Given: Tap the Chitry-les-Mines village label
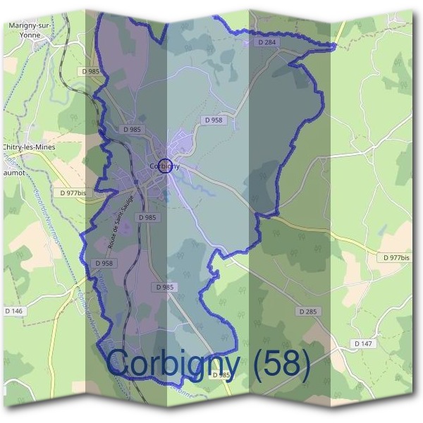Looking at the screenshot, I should (29, 146).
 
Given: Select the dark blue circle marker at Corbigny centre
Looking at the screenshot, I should (166, 166).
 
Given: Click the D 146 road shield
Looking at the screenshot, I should (13, 311).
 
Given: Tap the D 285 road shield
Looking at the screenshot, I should (307, 311).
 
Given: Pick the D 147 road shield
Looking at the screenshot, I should (363, 343).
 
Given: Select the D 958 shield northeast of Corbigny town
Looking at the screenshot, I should (214, 121).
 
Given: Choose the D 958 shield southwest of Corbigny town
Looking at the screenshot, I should (104, 263).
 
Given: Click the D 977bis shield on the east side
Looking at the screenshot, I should (396, 258).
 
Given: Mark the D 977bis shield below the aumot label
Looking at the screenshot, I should (73, 192).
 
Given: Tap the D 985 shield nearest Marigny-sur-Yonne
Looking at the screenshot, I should (92, 71).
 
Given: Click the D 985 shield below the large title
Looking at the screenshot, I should (221, 375).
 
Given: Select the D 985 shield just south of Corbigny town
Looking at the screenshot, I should (147, 217).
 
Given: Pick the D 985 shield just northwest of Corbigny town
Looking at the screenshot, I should (133, 129).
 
